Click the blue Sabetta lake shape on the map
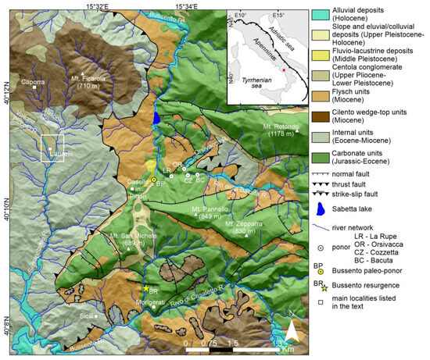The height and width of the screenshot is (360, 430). click(x=157, y=118)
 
